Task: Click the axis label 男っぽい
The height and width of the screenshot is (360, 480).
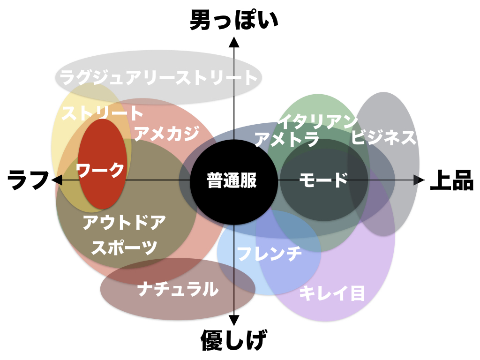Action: point(234,21)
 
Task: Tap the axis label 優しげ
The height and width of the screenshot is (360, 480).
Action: point(234,340)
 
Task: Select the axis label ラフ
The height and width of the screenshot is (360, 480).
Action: point(29,180)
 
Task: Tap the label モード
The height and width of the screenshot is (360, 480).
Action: point(323,180)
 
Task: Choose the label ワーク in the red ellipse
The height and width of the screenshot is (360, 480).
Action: point(100,170)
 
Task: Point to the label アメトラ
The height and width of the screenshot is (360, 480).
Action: point(287,139)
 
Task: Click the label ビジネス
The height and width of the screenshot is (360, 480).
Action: point(384,137)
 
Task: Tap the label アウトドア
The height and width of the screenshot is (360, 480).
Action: point(125,222)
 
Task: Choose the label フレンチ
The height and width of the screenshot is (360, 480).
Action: point(269,254)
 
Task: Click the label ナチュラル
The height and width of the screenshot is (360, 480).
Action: point(178,289)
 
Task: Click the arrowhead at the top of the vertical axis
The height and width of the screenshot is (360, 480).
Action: point(234,42)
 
